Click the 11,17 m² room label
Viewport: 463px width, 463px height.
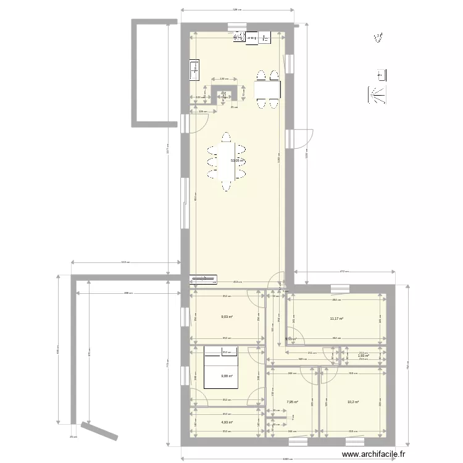pyautogui.click(x=336, y=319)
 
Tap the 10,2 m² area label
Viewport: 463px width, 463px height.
pyautogui.click(x=352, y=402)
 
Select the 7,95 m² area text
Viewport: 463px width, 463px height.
pyautogui.click(x=292, y=402)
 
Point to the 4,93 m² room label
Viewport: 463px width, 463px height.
pyautogui.click(x=227, y=423)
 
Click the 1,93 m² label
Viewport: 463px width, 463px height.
pyautogui.click(x=363, y=356)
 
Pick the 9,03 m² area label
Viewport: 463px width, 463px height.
pyautogui.click(x=227, y=317)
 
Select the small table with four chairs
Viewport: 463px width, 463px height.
pyautogui.click(x=267, y=90)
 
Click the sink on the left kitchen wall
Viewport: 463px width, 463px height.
pyautogui.click(x=194, y=69)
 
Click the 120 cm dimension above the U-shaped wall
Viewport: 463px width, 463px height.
pyautogui.click(x=224, y=79)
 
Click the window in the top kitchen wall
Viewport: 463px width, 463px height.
pyautogui.click(x=236, y=26)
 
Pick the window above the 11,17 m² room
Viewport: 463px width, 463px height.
pyautogui.click(x=339, y=288)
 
